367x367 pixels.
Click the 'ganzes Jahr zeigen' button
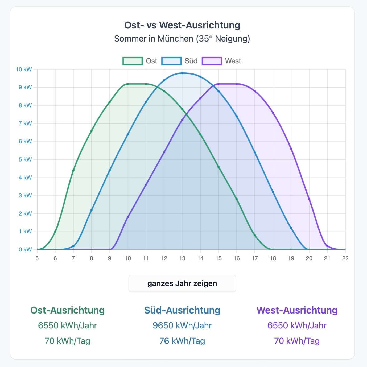coord(182,283)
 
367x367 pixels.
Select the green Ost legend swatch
coord(133,61)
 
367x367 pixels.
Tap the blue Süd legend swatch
coord(171,61)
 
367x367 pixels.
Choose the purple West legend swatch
coord(212,61)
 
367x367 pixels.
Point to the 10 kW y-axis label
coord(24,69)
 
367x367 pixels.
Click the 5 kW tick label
coord(25,159)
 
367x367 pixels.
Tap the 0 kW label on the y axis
coord(25,250)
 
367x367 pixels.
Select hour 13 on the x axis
coord(182,258)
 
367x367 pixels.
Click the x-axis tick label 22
coord(345,258)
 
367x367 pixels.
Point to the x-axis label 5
coord(37,258)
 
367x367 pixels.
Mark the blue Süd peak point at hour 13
coord(182,73)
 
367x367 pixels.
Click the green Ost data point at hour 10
coord(128,84)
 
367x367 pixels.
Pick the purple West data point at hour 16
coord(237,84)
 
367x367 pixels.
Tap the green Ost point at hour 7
coord(73,170)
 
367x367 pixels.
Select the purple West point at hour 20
coord(309,199)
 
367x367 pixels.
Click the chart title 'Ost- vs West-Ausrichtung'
coord(182,25)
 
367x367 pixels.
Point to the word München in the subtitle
coord(175,39)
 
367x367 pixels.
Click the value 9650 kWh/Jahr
coord(182,325)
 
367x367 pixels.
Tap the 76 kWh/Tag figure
coord(182,341)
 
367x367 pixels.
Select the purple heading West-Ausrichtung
coord(297,310)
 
